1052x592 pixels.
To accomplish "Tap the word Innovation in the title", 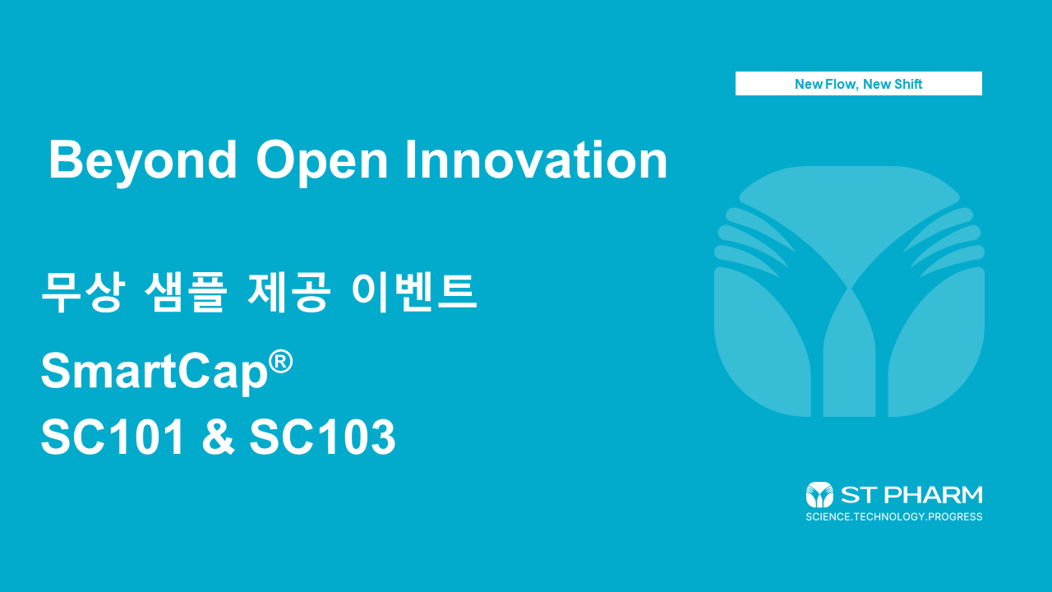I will click(x=536, y=160).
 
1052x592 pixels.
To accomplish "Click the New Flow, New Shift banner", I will click(x=858, y=84).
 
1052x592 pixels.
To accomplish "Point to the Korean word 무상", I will click(x=81, y=291).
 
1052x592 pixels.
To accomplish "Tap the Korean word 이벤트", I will click(x=413, y=291).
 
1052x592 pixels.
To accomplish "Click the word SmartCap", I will click(x=155, y=372).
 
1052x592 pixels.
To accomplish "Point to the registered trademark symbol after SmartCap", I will click(x=280, y=362).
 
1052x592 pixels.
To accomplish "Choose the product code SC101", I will click(x=113, y=437).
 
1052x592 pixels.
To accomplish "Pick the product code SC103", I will click(x=323, y=437).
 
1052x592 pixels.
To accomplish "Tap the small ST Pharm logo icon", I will click(x=819, y=495).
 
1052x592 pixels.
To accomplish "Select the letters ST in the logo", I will click(x=856, y=495).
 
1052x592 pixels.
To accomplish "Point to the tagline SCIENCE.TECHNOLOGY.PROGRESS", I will click(x=894, y=517).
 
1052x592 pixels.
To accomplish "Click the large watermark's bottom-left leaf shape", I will click(x=756, y=345).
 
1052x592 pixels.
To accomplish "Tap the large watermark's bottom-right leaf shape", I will click(x=941, y=345).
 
